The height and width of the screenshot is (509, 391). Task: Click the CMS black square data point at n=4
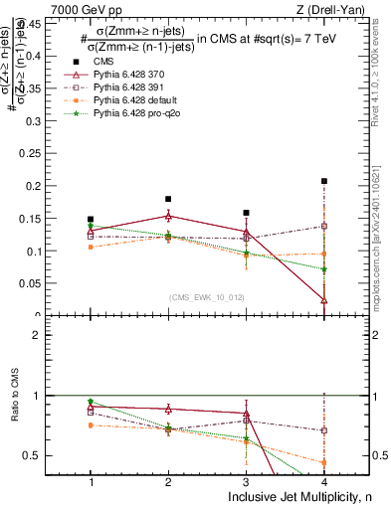point(324,181)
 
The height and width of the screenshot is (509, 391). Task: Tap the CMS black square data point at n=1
point(91,219)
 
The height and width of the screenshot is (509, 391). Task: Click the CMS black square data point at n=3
point(246,213)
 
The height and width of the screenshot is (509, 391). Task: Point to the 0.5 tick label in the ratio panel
point(48,456)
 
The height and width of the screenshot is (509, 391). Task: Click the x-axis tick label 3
point(246,481)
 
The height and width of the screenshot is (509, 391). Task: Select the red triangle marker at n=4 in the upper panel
point(324,299)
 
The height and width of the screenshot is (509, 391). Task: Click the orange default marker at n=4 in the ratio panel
point(324,462)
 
